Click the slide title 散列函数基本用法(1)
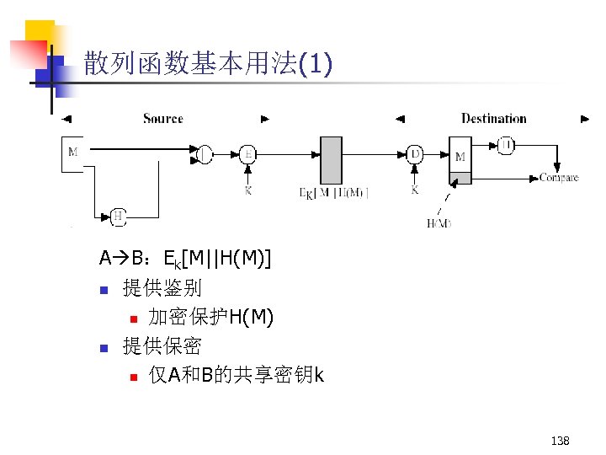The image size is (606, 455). tap(208, 64)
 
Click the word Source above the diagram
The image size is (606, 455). tap(162, 119)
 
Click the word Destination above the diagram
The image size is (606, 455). tap(493, 119)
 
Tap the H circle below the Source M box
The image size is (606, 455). tap(119, 217)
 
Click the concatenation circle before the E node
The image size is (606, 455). tap(205, 154)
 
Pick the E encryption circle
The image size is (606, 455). tap(247, 154)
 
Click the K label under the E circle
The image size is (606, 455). tap(247, 191)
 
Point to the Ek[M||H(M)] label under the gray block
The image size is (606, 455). tap(334, 193)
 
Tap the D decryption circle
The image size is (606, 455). tap(414, 154)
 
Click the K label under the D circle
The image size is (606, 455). tap(414, 191)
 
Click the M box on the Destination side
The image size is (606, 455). tap(460, 157)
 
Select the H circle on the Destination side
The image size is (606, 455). tap(507, 146)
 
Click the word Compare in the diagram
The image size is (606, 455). tap(558, 178)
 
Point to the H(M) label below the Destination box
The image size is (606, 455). tap(439, 223)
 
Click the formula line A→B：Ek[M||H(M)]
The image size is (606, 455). tap(184, 257)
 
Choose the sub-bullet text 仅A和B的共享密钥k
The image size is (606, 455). tap(236, 375)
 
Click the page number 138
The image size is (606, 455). tap(560, 440)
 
